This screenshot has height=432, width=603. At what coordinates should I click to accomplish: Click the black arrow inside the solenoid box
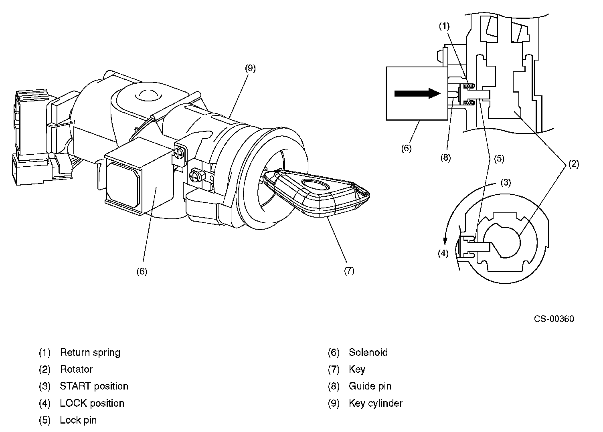tap(417, 93)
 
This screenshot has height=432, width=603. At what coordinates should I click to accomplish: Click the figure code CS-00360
tap(554, 319)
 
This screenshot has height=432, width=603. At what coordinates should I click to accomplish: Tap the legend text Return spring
tap(90, 353)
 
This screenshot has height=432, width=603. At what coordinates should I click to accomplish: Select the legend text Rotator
tap(77, 369)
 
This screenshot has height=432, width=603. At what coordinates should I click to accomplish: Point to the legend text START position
tap(94, 386)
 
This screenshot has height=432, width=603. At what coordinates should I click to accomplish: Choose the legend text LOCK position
tap(92, 403)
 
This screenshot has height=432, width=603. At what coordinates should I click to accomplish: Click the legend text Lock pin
tap(78, 420)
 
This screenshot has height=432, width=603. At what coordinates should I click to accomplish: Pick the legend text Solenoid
tap(368, 352)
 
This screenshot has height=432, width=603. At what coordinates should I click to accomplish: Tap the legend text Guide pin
tap(370, 386)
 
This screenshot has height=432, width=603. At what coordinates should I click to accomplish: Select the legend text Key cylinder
tap(376, 404)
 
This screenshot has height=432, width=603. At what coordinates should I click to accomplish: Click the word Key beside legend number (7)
tap(357, 369)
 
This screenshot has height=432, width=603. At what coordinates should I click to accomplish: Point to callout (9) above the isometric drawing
tap(250, 68)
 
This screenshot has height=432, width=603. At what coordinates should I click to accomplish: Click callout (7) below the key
tap(349, 271)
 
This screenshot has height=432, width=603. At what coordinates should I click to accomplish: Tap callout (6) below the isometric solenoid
tap(142, 271)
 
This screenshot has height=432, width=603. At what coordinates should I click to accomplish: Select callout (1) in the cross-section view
tap(444, 26)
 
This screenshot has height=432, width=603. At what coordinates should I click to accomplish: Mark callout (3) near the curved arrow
tap(506, 183)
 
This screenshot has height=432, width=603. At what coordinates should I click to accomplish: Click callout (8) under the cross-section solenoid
tap(445, 157)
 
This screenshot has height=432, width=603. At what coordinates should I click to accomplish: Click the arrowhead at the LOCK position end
tap(445, 241)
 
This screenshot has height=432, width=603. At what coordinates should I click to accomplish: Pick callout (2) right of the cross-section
tap(574, 164)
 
